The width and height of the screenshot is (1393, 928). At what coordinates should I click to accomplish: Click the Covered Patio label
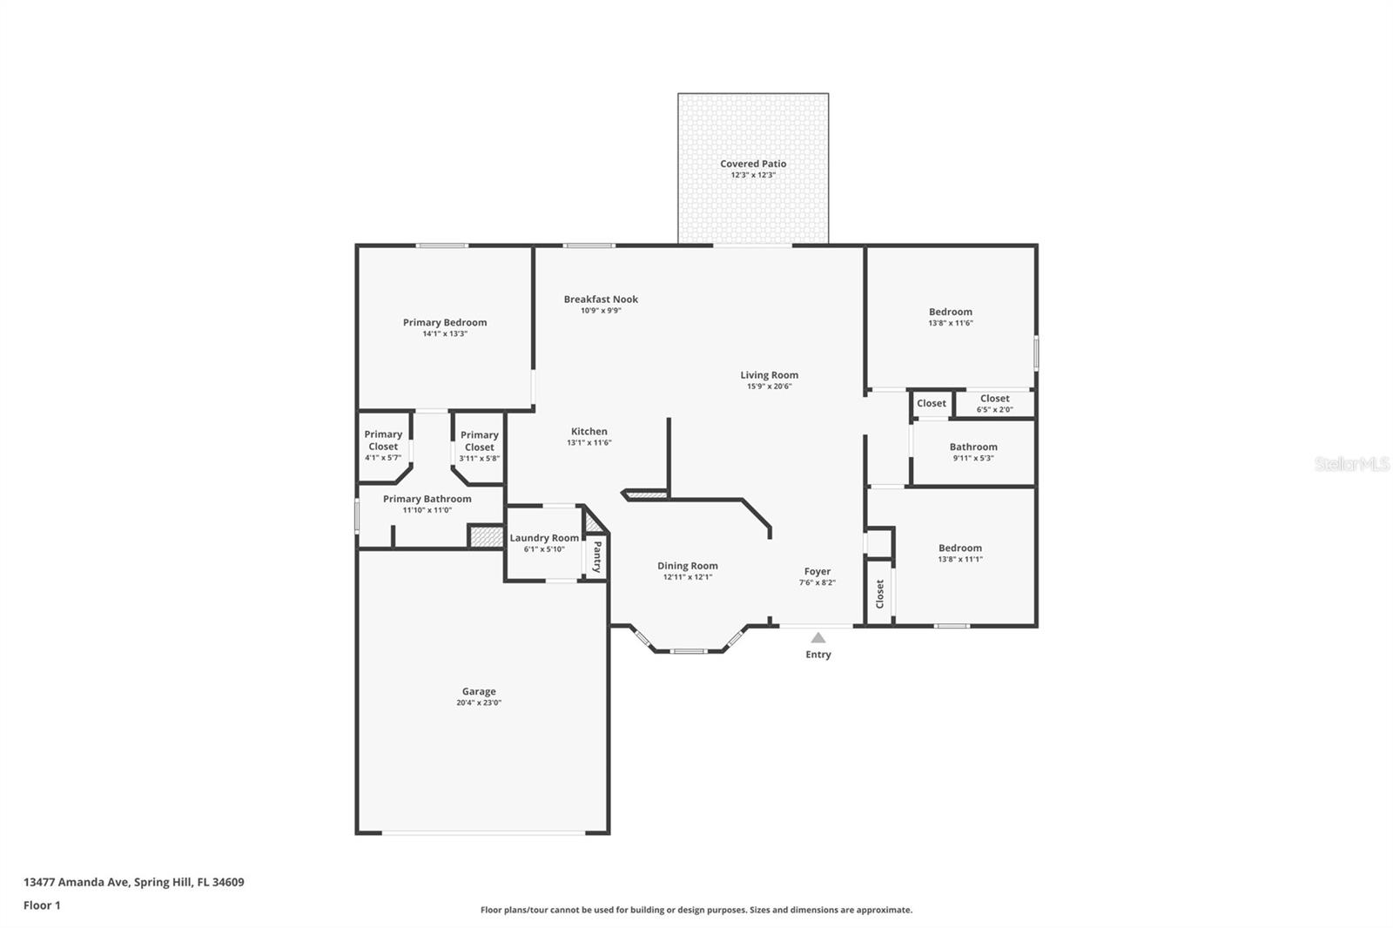[753, 164]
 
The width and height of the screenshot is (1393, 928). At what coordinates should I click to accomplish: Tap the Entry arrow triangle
[818, 637]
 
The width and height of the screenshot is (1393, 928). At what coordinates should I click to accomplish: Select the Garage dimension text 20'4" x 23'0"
[479, 703]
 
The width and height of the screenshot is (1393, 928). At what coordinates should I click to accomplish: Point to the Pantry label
[597, 556]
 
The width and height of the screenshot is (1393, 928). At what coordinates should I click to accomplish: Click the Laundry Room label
[544, 538]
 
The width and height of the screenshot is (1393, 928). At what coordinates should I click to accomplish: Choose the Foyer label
[818, 572]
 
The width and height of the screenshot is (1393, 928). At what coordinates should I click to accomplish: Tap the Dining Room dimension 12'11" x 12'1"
[688, 577]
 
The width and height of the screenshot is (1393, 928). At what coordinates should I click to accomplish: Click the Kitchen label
[589, 431]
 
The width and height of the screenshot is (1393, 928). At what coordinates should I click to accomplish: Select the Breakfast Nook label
[601, 299]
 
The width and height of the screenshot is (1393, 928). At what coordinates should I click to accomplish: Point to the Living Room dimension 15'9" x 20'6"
[770, 387]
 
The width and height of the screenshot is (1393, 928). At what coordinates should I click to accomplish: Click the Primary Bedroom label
[445, 322]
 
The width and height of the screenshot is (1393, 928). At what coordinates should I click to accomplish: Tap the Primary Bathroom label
[427, 499]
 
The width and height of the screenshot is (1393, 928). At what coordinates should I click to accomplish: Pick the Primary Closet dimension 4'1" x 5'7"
[383, 458]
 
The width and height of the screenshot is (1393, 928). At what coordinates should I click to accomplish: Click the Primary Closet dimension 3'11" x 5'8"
[480, 459]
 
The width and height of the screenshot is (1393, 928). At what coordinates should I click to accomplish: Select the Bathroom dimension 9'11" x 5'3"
[973, 459]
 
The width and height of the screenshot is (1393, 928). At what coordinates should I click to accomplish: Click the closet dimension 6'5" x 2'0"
[995, 410]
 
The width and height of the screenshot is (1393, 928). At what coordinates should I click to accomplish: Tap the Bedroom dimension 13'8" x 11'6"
[951, 324]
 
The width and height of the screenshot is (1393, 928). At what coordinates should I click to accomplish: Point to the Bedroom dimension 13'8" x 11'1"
[960, 560]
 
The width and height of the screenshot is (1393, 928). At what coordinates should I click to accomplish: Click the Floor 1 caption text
[42, 905]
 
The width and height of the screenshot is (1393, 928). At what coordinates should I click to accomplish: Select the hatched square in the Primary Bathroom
[486, 537]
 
